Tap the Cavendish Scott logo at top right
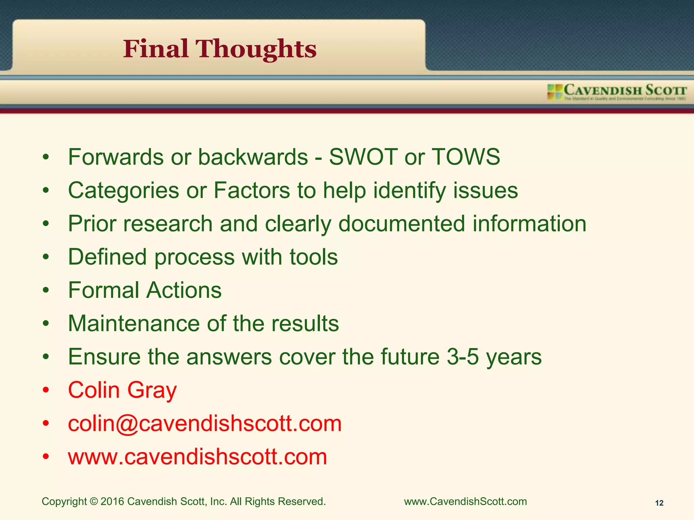coord(617,92)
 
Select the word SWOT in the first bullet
coord(363,157)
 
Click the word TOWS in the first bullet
coord(466,157)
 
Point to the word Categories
coord(123,191)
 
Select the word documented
coord(402,224)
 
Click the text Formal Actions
coord(145,290)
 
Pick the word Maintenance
coord(134,324)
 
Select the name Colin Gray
coord(122,390)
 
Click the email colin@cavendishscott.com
coord(205,424)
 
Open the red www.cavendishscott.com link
coord(197,457)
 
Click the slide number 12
coord(659,503)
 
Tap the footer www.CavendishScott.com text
coord(465,501)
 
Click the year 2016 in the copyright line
coord(112,501)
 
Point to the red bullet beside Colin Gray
coord(46,390)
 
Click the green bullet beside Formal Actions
coord(46,290)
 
